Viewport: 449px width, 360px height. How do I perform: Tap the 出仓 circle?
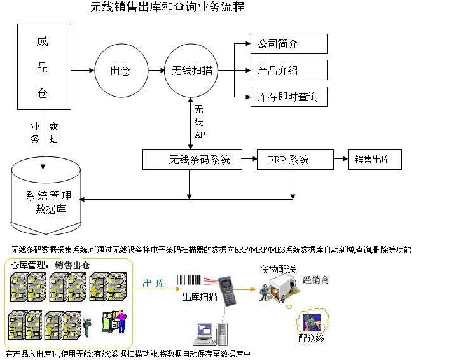[120, 71]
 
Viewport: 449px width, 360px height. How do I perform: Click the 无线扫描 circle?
[191, 71]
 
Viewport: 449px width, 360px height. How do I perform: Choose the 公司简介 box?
[289, 44]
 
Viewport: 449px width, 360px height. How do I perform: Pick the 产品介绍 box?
[289, 70]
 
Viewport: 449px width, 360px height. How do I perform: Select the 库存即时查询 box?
[289, 97]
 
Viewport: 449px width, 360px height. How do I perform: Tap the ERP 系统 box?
[294, 160]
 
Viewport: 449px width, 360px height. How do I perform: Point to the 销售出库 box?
[375, 160]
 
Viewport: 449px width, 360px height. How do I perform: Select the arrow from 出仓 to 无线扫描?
[155, 71]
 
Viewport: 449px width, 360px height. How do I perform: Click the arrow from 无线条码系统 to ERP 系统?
[249, 160]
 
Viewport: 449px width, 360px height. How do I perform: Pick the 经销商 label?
[316, 280]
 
